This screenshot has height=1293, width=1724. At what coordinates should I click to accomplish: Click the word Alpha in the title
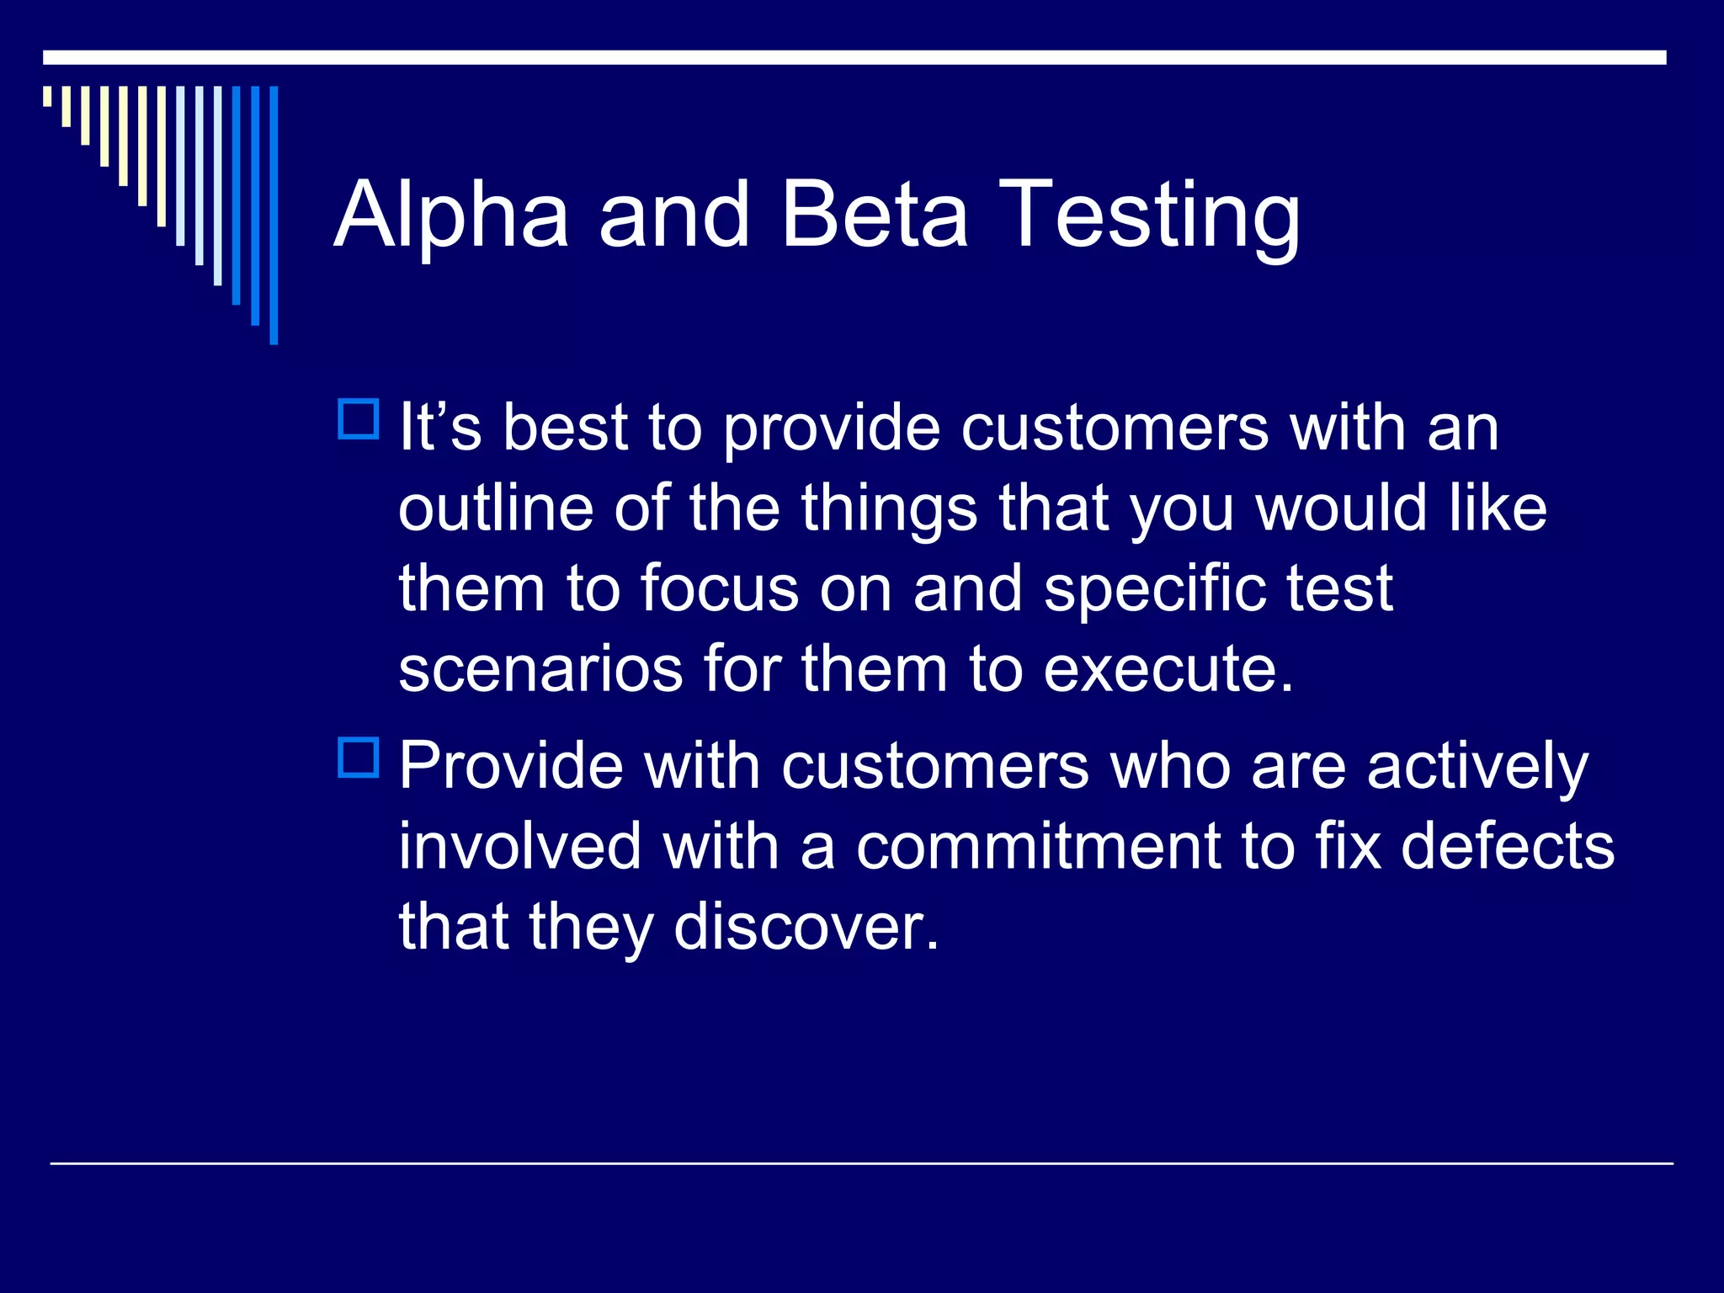(451, 217)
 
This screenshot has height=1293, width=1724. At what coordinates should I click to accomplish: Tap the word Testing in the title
(1152, 217)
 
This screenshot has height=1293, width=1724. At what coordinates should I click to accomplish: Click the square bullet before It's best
(359, 419)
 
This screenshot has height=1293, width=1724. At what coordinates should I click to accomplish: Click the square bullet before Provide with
(359, 757)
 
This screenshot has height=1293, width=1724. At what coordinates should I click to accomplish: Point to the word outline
(495, 508)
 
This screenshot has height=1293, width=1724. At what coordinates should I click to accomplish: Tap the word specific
(1154, 589)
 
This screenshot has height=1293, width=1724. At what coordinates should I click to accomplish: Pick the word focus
(719, 589)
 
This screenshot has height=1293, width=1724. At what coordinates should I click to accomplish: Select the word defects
(1508, 847)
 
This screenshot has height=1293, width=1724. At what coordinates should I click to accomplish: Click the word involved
(519, 847)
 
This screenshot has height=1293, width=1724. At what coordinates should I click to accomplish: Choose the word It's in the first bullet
(439, 428)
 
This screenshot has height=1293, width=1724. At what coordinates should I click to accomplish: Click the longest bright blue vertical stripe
(274, 215)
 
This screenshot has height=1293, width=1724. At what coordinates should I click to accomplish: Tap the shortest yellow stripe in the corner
(47, 96)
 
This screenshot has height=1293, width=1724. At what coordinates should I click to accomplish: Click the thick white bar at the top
(854, 57)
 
